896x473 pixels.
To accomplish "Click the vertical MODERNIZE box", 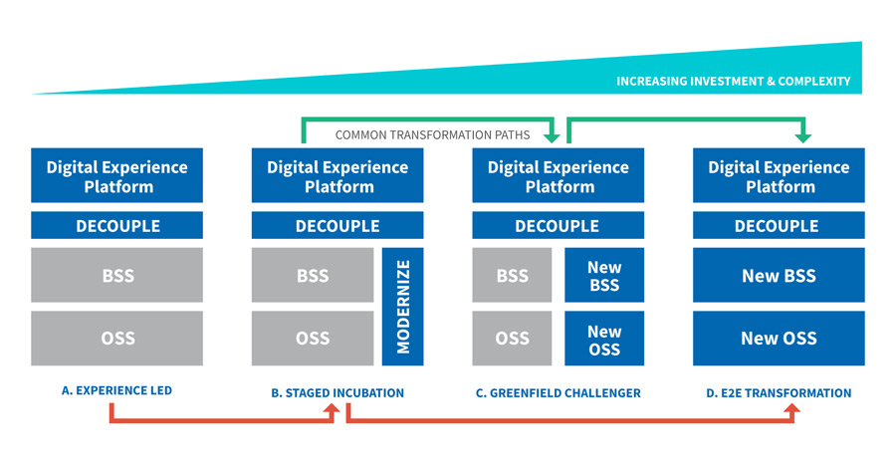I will (402, 307).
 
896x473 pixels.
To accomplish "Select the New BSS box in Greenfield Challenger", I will (603, 276).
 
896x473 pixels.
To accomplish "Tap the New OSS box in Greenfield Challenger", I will (603, 339).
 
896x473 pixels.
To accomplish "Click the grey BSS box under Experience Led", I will (116, 276).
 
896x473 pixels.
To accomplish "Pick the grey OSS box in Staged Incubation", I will (312, 339).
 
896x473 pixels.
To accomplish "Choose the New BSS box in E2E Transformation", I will (779, 276).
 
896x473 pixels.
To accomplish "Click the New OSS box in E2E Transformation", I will (779, 339).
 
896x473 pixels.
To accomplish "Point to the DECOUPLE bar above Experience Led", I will (116, 226).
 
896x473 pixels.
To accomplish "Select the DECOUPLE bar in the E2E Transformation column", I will (779, 226).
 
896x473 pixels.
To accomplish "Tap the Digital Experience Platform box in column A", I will (116, 176).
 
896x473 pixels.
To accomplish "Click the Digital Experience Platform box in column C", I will (558, 176).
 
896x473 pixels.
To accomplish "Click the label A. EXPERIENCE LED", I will (116, 391).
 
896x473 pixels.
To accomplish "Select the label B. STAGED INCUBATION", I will (337, 393).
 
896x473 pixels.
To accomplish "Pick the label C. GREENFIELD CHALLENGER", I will (558, 393).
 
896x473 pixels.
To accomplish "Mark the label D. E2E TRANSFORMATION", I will (779, 393).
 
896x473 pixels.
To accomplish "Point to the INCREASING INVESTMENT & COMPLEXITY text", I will (733, 82).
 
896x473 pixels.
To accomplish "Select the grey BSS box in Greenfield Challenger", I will (512, 276).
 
